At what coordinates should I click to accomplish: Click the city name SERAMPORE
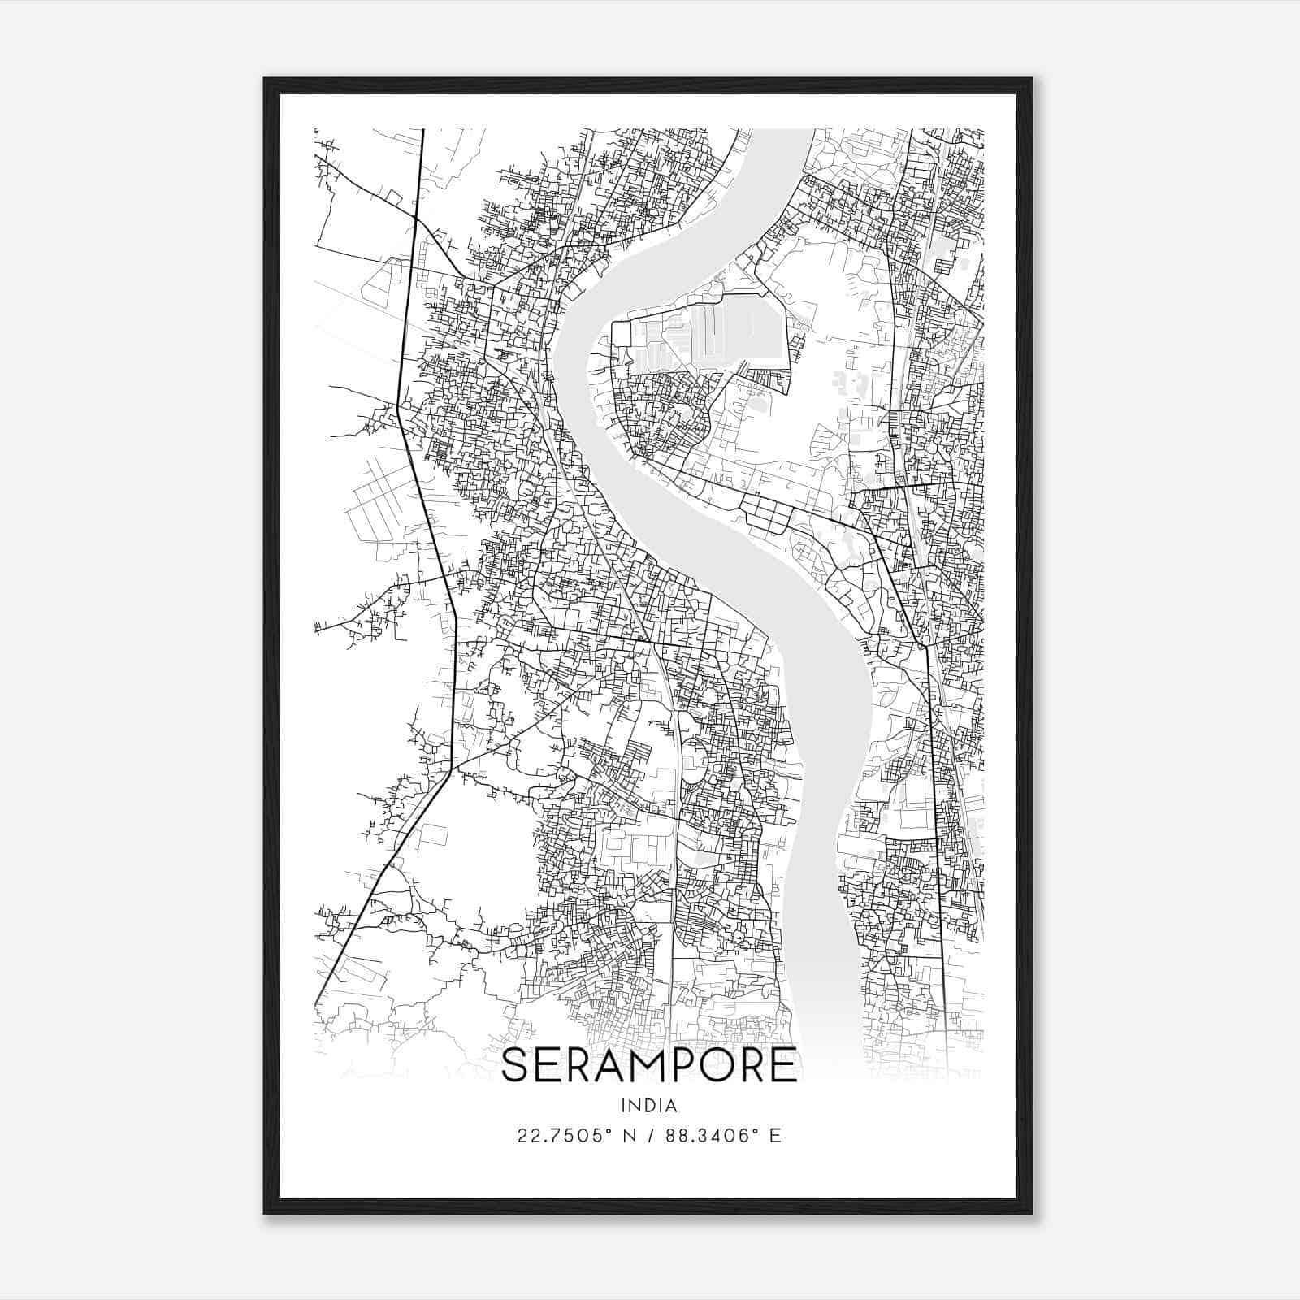[x=648, y=1065]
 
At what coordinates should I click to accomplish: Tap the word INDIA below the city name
[x=648, y=1106]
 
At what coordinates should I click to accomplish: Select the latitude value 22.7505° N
[x=574, y=1136]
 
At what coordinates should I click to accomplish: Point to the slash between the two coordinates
[x=648, y=1136]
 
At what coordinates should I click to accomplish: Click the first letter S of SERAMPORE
[x=516, y=1065]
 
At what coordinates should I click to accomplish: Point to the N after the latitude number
[x=626, y=1136]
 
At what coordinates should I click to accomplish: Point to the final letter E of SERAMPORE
[x=782, y=1065]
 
